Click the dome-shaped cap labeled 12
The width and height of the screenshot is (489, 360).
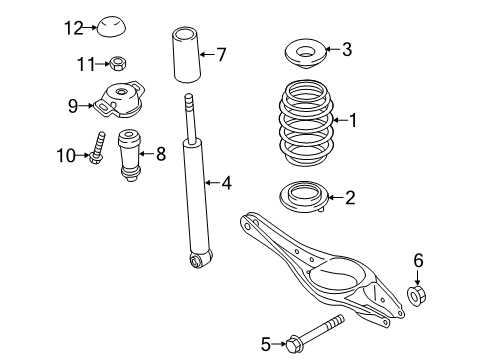(111, 27)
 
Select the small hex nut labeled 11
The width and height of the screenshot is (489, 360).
(117, 63)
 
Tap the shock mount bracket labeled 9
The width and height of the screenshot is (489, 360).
(120, 99)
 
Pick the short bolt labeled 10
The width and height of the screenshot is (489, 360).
(97, 148)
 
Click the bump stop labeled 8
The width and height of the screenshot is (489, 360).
(130, 155)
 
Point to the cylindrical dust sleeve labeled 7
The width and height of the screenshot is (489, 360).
(186, 55)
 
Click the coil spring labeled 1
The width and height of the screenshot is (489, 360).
(306, 123)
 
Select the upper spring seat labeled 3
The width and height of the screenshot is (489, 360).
(306, 54)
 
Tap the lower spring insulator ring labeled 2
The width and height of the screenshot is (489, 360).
(304, 196)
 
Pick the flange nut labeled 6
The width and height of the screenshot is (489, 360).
(417, 295)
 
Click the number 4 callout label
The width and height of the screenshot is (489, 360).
(227, 183)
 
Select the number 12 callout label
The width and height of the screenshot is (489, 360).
(74, 28)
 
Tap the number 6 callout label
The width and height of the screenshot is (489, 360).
(418, 260)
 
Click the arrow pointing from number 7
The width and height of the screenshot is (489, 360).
(207, 54)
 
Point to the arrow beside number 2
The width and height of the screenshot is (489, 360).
(336, 197)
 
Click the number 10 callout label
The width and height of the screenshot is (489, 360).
(67, 156)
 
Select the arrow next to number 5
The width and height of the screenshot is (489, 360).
(279, 344)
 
